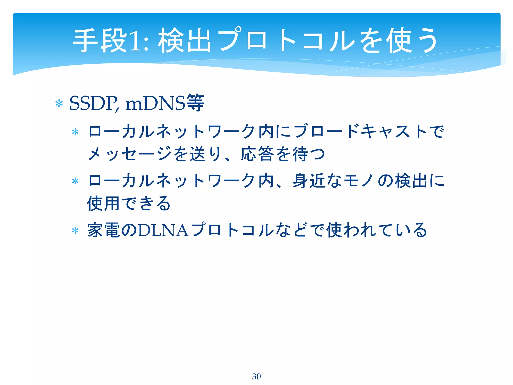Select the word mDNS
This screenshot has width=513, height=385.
pyautogui.click(x=155, y=103)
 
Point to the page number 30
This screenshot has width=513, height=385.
pyautogui.click(x=256, y=376)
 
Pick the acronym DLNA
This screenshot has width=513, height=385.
pyautogui.click(x=163, y=230)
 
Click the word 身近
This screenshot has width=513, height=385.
pyautogui.click(x=309, y=181)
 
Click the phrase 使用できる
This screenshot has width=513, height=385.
pyautogui.click(x=129, y=203)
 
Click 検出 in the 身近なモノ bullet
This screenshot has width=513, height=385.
pyautogui.click(x=411, y=181)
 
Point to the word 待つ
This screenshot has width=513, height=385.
pyautogui.click(x=309, y=154)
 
